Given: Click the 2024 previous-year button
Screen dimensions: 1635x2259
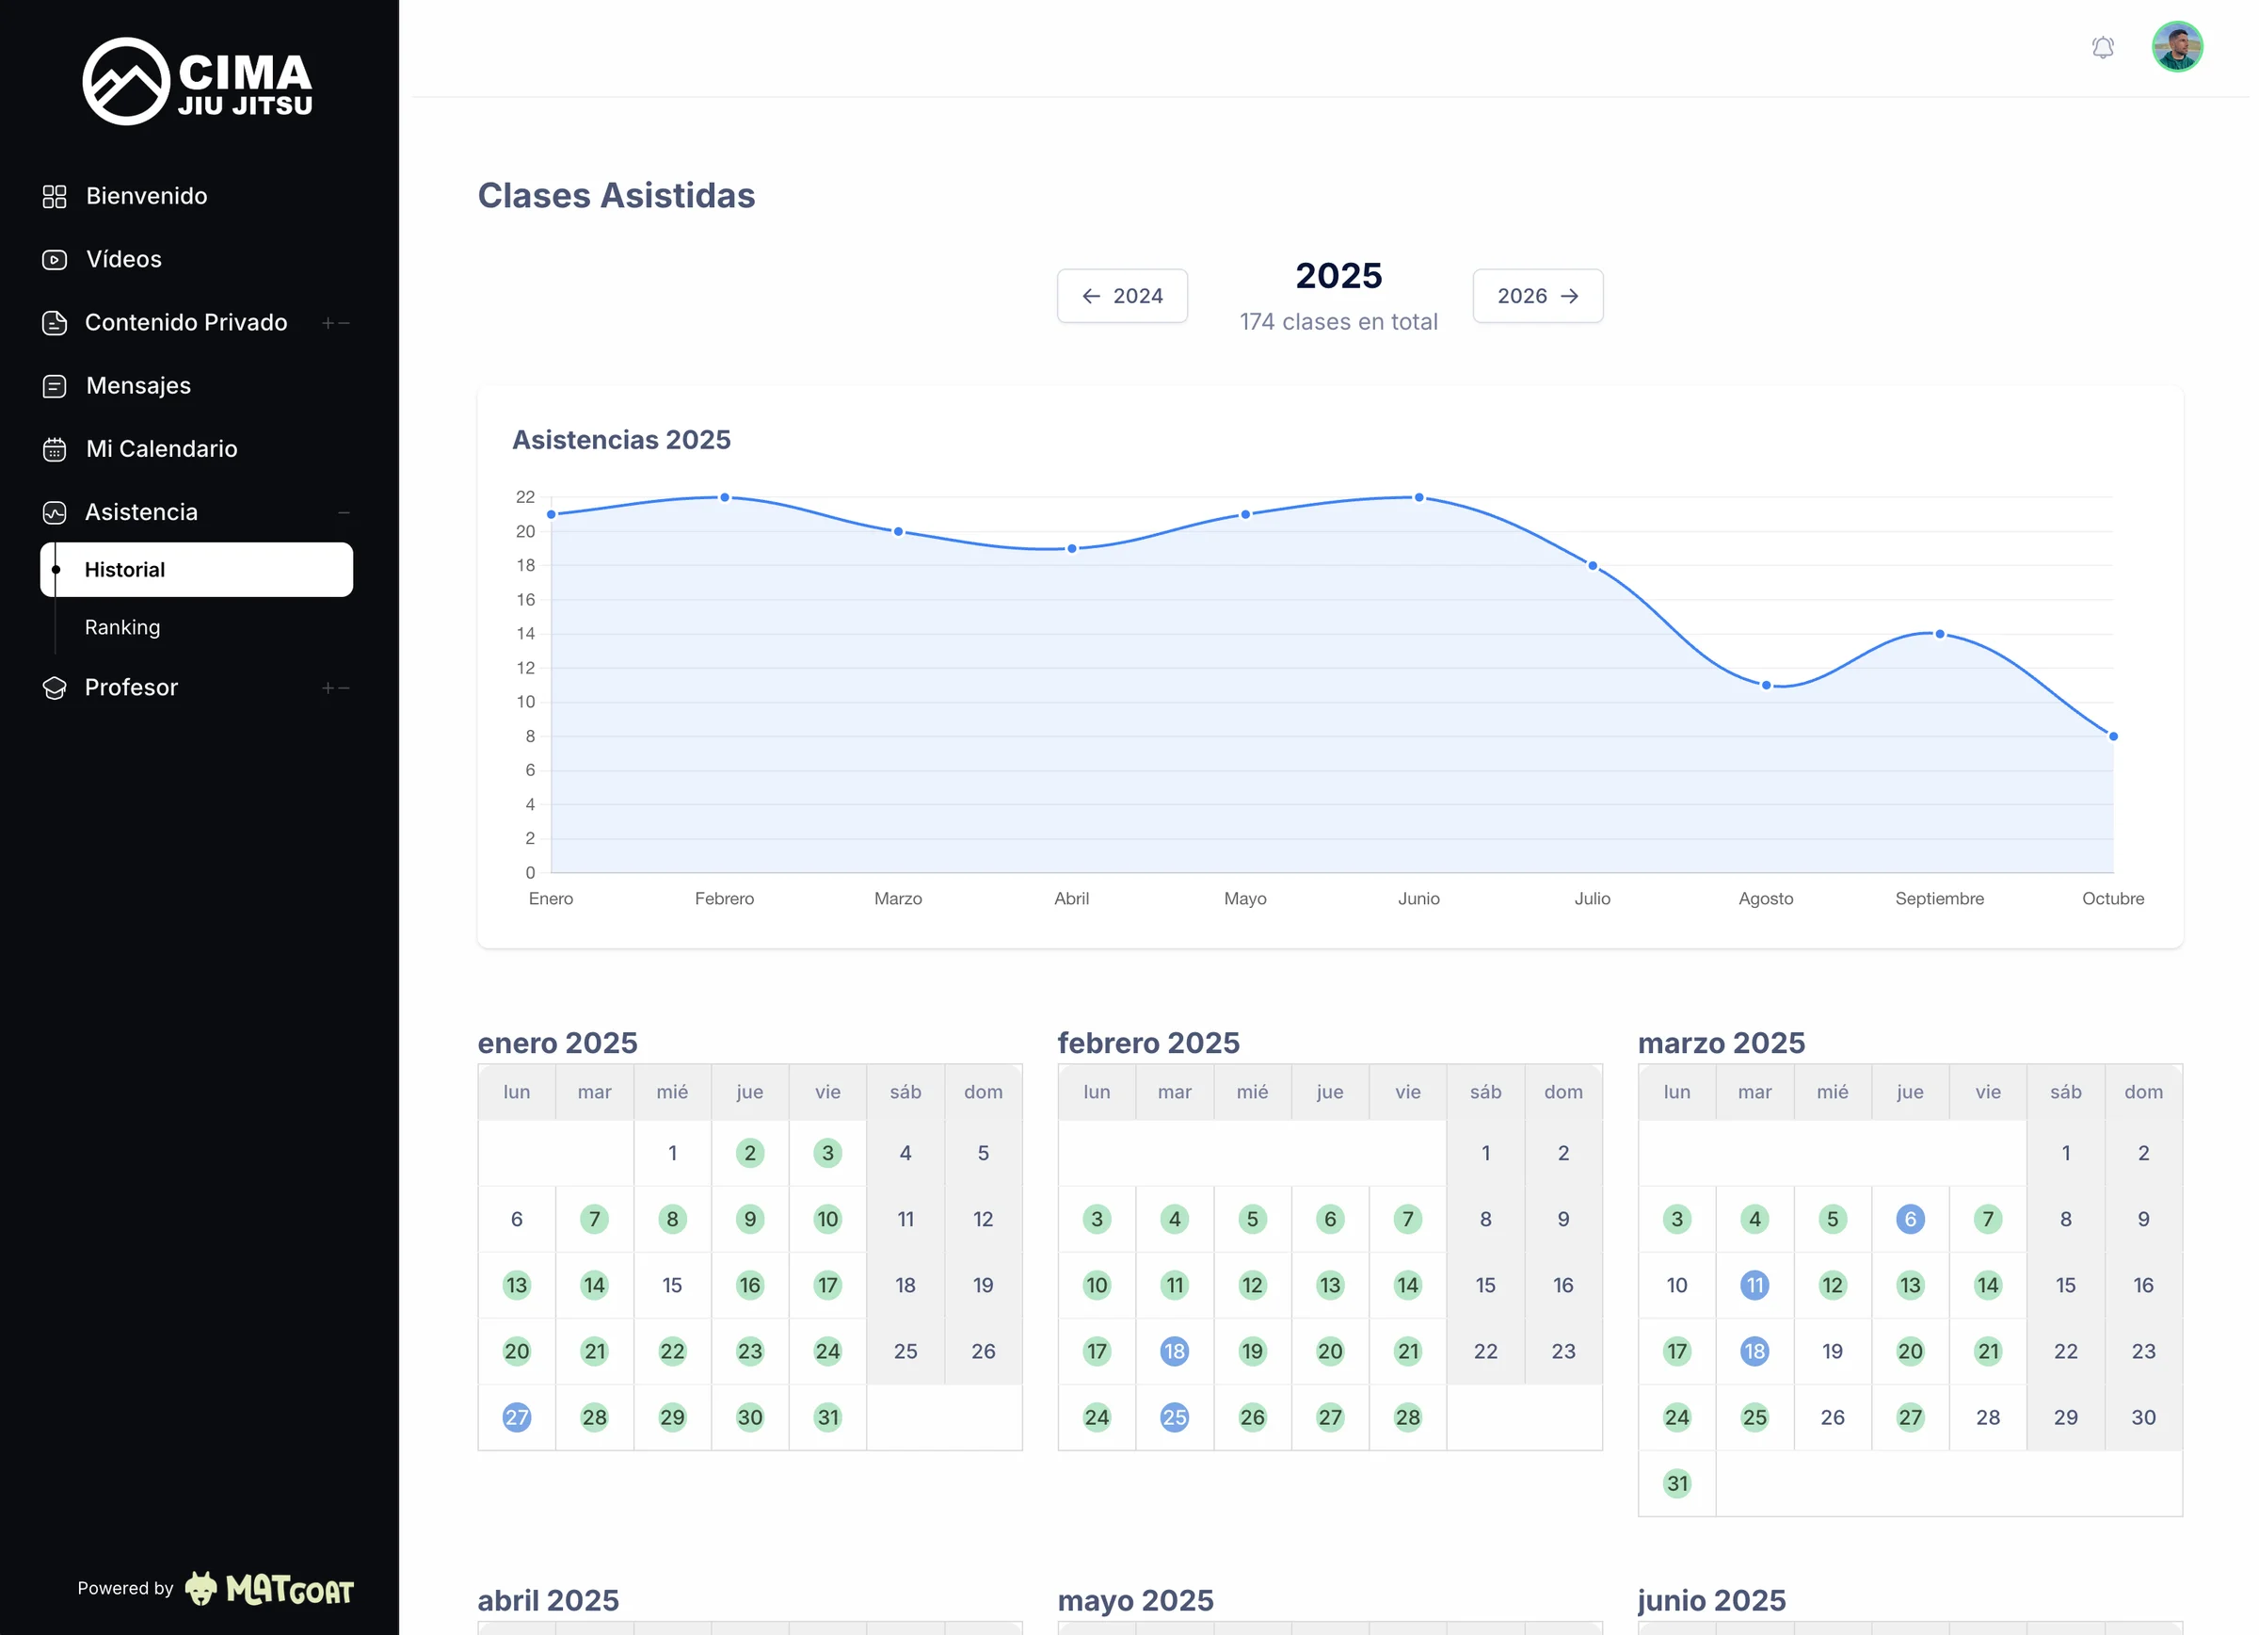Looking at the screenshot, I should [x=1122, y=296].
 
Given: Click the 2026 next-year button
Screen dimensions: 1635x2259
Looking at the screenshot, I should [x=1537, y=296].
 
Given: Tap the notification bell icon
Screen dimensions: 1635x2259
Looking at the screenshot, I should [x=2102, y=47].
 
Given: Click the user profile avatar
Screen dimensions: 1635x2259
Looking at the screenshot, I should [x=2176, y=47].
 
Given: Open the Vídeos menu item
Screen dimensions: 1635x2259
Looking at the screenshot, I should [x=123, y=259].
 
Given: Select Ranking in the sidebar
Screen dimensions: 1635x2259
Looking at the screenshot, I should [x=122, y=626].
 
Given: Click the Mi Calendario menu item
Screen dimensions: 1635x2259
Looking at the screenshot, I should [x=161, y=448].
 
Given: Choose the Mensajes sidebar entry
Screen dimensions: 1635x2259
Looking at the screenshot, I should [x=138, y=385].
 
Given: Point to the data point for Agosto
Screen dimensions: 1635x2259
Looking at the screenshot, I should [x=1765, y=686].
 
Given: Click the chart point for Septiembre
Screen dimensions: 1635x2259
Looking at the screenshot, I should [x=1938, y=634].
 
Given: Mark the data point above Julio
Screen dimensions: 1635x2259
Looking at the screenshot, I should [x=1592, y=566].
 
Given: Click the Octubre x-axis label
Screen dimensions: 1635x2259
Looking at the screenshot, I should [x=2111, y=898].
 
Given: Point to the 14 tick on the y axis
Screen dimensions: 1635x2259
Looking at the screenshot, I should [x=525, y=634].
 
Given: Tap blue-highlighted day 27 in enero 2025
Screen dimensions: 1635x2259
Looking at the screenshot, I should [x=516, y=1416].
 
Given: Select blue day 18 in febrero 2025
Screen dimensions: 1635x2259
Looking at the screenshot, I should [x=1174, y=1352].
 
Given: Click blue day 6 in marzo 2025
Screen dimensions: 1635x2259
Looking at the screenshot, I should [x=1910, y=1219].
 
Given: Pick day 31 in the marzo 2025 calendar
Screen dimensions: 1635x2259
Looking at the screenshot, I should [x=1676, y=1482].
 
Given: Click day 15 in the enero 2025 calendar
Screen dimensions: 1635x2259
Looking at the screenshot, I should [x=672, y=1286].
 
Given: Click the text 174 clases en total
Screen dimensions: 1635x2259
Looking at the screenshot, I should [x=1338, y=322].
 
